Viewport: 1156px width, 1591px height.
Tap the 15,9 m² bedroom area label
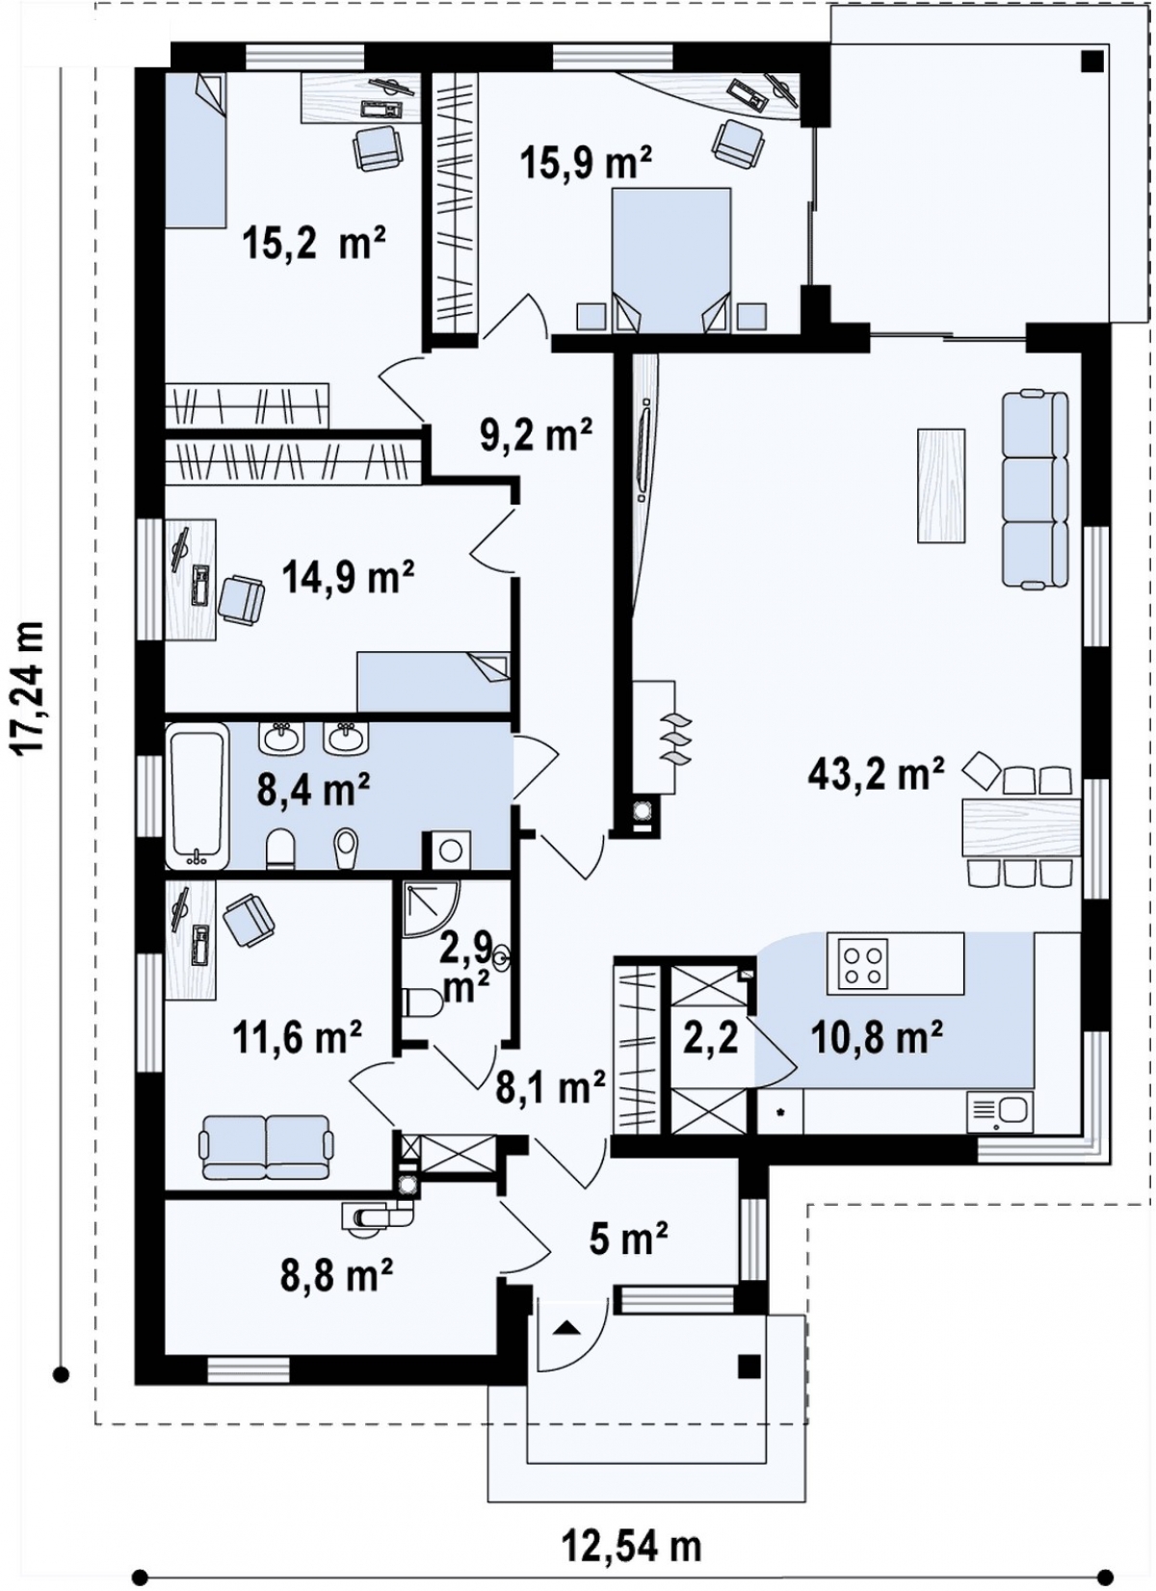click(586, 164)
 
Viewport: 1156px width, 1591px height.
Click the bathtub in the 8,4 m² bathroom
click(197, 796)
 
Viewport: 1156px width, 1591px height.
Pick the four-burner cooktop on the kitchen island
click(863, 965)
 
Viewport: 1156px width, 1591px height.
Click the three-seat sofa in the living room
click(1035, 489)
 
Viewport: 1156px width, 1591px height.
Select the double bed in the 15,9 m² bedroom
click(671, 261)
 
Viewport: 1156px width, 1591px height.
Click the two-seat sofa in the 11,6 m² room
click(267, 1146)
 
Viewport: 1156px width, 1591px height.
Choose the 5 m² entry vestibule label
click(629, 1240)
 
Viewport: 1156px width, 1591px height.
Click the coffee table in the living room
click(941, 485)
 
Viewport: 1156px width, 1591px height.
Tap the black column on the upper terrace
click(1092, 61)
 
